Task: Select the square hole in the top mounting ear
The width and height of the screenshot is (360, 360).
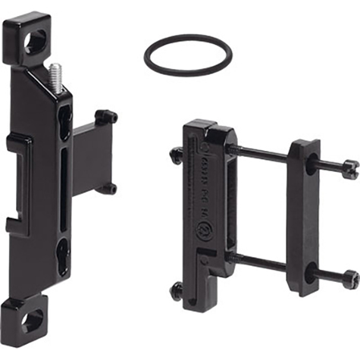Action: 34,42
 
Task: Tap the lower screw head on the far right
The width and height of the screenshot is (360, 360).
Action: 350,277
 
